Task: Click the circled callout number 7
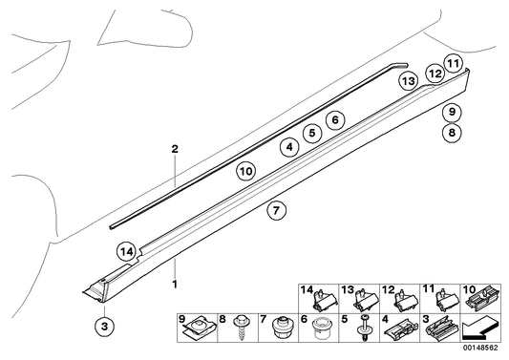(x=275, y=211)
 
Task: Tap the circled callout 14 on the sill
(x=126, y=251)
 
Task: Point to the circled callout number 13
(x=409, y=82)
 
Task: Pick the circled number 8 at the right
(x=451, y=133)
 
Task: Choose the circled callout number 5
(x=310, y=134)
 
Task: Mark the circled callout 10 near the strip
(x=245, y=171)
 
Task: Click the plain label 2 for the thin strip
(x=175, y=150)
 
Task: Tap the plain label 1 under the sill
(x=175, y=285)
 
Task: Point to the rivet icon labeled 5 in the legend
(x=364, y=330)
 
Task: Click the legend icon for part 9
(x=199, y=331)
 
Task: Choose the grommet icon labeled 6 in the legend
(x=321, y=331)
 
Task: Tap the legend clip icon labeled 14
(x=323, y=299)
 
